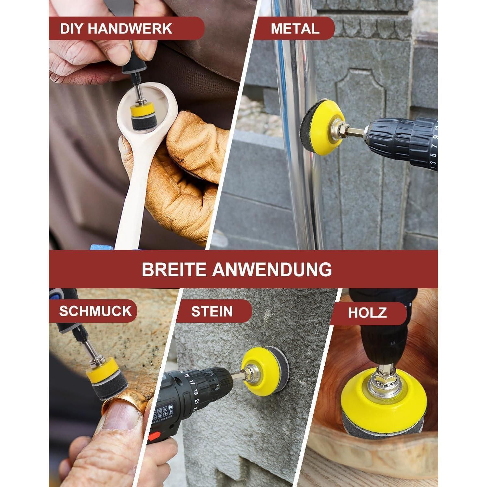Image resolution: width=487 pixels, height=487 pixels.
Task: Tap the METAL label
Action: (x=295, y=29)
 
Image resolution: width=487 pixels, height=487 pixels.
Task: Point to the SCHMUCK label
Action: (x=95, y=311)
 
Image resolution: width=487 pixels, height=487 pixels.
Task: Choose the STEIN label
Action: (x=212, y=311)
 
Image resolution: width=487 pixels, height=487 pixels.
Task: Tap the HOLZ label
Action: (x=368, y=313)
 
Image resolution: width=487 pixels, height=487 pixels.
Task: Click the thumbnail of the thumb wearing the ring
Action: (x=121, y=416)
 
